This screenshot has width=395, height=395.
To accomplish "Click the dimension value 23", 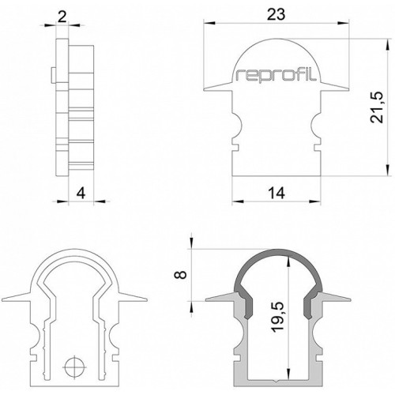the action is [276, 15].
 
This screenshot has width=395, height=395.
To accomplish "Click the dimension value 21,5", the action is [377, 107].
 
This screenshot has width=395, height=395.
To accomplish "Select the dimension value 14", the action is [276, 193].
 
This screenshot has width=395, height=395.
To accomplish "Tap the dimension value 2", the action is [62, 17].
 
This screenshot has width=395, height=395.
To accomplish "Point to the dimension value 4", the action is [81, 194].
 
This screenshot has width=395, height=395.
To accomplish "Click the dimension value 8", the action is [181, 275].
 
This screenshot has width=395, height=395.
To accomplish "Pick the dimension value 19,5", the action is [278, 317].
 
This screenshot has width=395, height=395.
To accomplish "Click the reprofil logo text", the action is [276, 75].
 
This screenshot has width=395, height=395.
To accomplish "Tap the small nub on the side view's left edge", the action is [54, 75].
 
